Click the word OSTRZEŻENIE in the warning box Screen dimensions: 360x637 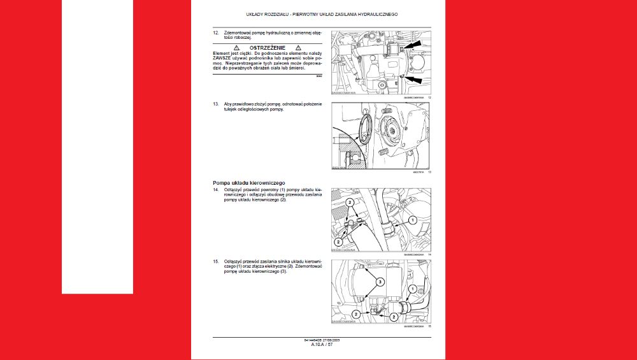point(268,48)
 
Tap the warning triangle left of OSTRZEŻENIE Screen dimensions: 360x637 point(236,48)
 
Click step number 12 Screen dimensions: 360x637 point(216,31)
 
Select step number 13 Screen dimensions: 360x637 point(216,103)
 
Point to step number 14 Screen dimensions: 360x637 point(216,191)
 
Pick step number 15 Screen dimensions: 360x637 point(216,262)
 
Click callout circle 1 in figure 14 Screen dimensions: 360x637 point(412,220)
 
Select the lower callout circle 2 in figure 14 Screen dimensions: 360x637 point(338,242)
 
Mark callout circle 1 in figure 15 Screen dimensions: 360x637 point(412,289)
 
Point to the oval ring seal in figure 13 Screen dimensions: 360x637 point(366,127)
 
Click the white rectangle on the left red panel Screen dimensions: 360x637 point(97,147)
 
